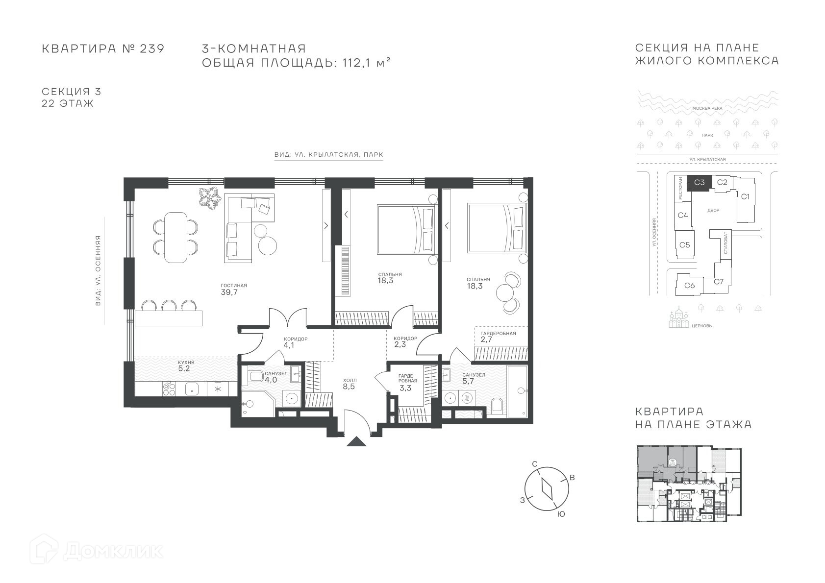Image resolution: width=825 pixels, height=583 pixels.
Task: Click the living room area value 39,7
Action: point(229,292)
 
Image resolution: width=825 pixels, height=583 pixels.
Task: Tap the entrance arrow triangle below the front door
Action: point(356,441)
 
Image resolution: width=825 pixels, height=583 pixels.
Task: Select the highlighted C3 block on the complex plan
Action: point(700,183)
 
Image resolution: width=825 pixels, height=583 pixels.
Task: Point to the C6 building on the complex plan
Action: point(690,285)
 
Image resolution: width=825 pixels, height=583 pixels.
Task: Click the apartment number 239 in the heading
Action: point(152,49)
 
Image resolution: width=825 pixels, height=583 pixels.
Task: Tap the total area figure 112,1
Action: point(356,63)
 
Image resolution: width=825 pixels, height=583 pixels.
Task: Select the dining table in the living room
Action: point(175,238)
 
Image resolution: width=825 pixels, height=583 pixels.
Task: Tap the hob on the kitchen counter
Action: point(169,389)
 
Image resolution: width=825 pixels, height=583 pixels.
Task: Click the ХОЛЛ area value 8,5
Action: point(349,387)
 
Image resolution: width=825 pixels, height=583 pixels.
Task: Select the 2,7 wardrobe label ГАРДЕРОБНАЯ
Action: point(498,334)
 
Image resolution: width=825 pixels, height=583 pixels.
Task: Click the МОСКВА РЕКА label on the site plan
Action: point(707,108)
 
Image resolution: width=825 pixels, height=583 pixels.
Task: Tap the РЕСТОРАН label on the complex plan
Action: point(680,189)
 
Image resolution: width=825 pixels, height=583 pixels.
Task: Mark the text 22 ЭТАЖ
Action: point(67,103)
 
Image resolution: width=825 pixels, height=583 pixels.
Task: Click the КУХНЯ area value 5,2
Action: point(184,368)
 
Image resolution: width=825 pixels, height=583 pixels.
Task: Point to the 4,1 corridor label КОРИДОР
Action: point(296,339)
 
